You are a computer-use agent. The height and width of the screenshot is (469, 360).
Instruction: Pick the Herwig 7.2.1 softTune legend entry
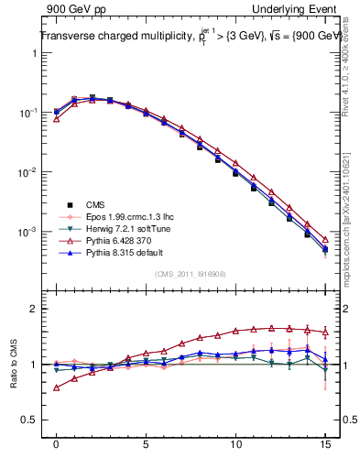[129, 228]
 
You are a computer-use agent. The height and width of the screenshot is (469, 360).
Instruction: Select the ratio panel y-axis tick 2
[33, 309]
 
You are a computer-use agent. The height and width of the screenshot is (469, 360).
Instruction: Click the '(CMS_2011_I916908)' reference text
[190, 273]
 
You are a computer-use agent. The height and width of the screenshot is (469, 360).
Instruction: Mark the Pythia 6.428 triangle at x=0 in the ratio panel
[57, 387]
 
